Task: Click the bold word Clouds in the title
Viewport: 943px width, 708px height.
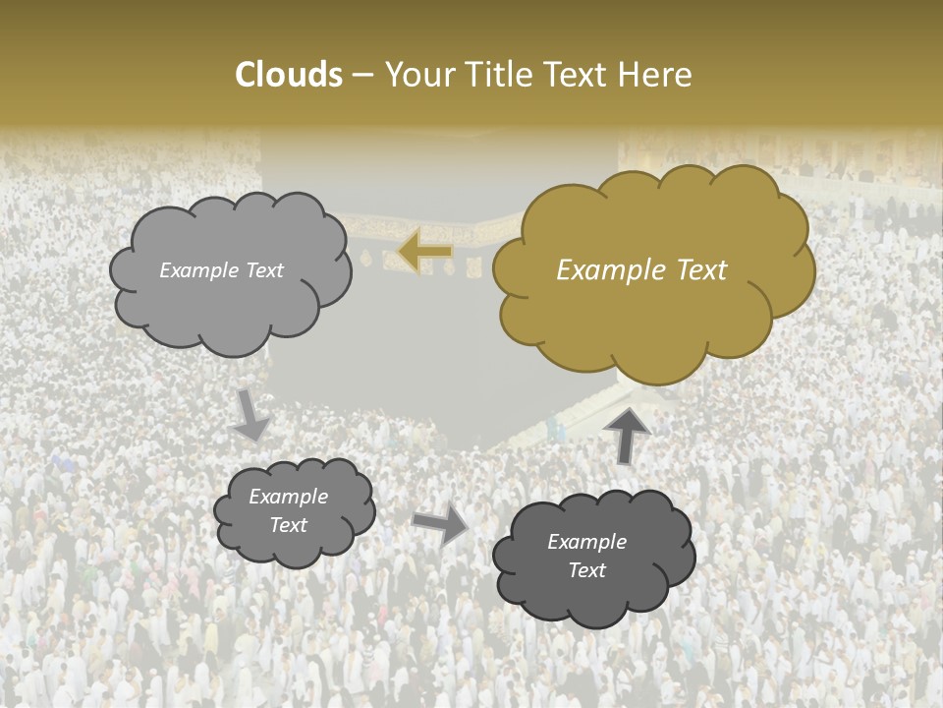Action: point(289,75)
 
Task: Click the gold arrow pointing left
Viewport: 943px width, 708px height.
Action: point(425,252)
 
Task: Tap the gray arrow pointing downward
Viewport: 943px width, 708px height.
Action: point(250,415)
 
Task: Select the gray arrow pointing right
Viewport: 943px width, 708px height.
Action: point(440,525)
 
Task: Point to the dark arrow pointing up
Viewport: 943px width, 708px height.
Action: point(626,436)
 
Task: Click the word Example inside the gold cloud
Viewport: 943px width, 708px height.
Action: point(603,270)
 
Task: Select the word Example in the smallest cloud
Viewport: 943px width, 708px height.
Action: point(288,497)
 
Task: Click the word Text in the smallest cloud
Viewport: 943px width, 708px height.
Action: point(288,525)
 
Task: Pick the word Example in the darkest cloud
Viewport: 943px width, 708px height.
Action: point(586,542)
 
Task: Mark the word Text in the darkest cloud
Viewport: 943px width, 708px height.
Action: point(586,570)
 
